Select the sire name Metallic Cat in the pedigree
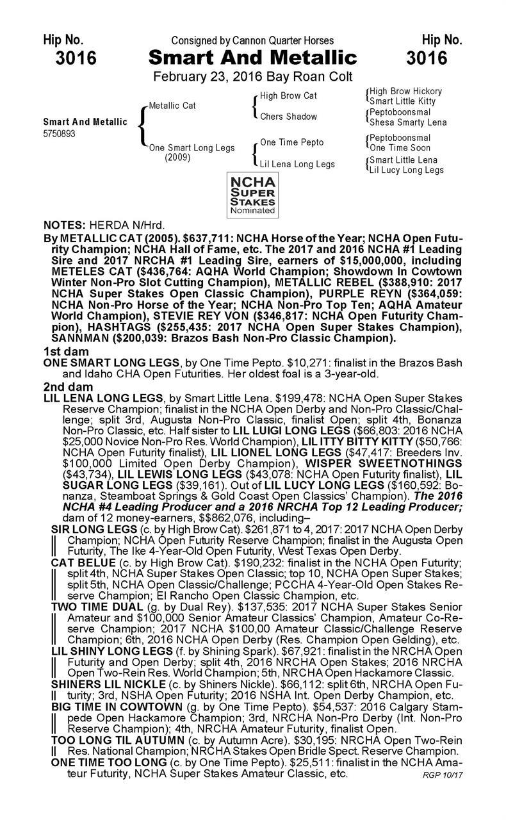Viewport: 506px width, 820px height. (172, 106)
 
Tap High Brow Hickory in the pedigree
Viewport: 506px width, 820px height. (405, 92)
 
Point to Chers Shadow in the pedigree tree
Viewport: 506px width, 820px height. (288, 117)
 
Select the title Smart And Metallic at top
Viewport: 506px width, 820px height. (252, 59)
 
